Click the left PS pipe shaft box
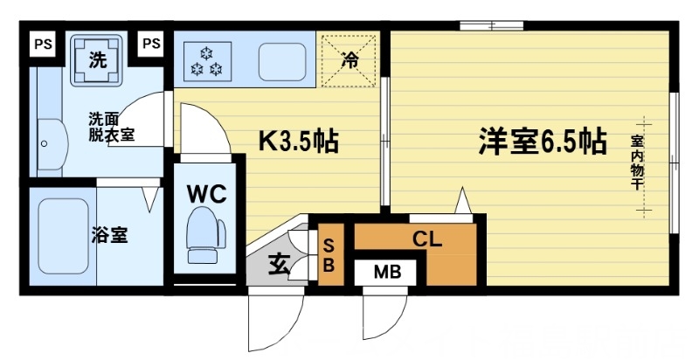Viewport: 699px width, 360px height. (41, 42)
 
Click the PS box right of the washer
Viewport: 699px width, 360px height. (151, 42)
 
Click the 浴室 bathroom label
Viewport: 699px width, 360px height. (111, 235)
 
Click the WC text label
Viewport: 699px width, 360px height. (207, 193)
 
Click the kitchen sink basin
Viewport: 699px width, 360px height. (280, 59)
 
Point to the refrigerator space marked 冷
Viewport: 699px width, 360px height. (349, 60)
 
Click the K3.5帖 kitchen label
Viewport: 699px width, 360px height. (297, 141)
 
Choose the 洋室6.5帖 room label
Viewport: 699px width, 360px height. (542, 141)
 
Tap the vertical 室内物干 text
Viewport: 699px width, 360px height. (638, 162)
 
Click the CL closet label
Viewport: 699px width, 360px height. (427, 238)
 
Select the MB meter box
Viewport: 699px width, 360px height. (387, 272)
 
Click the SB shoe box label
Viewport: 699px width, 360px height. (329, 252)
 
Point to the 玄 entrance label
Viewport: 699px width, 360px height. (279, 262)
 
